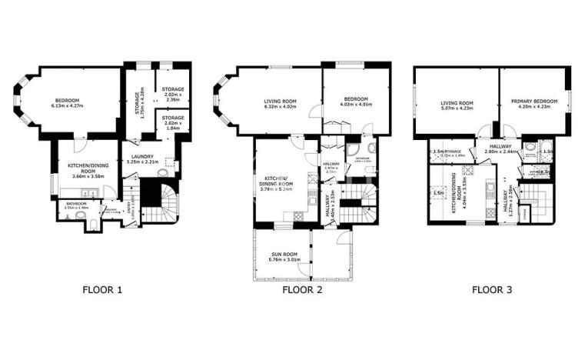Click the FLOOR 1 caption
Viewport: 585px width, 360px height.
102,290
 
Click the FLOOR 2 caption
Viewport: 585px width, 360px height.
301,290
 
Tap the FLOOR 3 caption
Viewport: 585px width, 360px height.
491,290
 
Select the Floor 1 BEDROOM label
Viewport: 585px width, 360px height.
67,102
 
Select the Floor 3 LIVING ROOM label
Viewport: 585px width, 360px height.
457,105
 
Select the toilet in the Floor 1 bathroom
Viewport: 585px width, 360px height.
91,224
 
